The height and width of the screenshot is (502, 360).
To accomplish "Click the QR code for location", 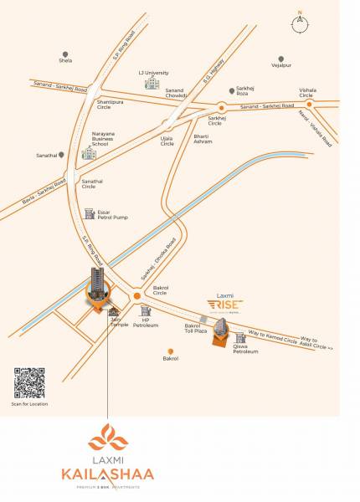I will [29, 382].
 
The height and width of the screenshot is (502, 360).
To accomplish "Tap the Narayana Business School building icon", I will [88, 155].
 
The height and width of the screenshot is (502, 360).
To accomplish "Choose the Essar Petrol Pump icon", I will [90, 214].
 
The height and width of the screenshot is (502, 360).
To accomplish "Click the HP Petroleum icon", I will [146, 311].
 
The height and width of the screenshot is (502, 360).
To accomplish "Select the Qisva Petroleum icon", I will [240, 338].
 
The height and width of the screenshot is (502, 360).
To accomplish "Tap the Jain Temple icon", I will [114, 312].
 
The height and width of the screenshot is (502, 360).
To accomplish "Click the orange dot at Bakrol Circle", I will [138, 295].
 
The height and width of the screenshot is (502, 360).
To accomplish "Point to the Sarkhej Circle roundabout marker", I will [222, 107].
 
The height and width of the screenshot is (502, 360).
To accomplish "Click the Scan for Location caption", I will [29, 404].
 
